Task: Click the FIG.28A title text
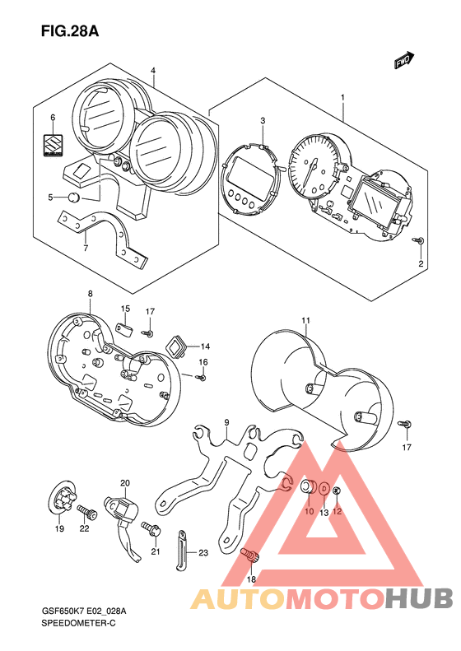click(70, 31)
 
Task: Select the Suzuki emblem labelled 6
click(54, 145)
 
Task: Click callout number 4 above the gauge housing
click(153, 71)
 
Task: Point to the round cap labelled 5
click(74, 198)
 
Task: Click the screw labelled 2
click(419, 240)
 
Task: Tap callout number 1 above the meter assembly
click(342, 97)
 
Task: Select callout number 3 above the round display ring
click(263, 121)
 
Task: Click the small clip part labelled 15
click(124, 329)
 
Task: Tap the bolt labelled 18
click(249, 555)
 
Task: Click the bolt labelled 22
click(87, 512)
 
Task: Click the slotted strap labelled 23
click(180, 550)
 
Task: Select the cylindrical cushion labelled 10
click(308, 487)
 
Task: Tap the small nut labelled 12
click(337, 491)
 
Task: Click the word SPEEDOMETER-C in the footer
click(78, 623)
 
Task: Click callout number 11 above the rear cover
click(306, 320)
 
